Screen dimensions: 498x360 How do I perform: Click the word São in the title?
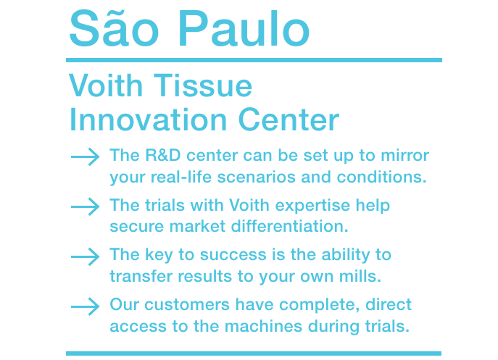(114, 28)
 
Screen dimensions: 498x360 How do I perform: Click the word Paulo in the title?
(244, 29)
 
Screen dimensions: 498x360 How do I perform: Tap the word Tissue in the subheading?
(203, 85)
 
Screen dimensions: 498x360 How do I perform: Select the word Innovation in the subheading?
(148, 120)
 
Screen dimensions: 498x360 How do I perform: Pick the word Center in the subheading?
(289, 120)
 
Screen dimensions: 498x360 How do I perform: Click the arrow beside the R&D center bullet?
(85, 156)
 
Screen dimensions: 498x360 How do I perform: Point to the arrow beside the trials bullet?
(85, 206)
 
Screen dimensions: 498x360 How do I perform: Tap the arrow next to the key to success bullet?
(85, 256)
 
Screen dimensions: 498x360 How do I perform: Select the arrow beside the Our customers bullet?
(85, 306)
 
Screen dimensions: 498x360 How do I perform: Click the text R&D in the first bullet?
(163, 155)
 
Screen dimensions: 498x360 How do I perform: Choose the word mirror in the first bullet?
(405, 156)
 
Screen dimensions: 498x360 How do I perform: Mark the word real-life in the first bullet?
(181, 177)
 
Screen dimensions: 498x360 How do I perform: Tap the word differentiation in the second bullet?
(289, 226)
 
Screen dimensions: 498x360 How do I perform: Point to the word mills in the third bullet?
(360, 276)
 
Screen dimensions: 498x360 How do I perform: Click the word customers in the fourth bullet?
(187, 305)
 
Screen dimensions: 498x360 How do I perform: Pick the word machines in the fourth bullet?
(263, 326)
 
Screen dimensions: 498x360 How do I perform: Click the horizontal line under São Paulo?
(254, 60)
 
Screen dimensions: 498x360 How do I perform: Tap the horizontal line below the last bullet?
(254, 353)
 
